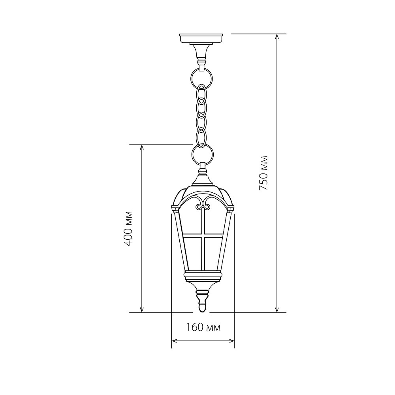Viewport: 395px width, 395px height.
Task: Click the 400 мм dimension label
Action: pyautogui.click(x=128, y=228)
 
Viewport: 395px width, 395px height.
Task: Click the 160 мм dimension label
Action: pyautogui.click(x=203, y=327)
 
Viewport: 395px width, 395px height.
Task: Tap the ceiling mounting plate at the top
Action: pyautogui.click(x=201, y=39)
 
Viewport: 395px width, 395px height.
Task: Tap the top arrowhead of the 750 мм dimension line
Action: pyautogui.click(x=277, y=36)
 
